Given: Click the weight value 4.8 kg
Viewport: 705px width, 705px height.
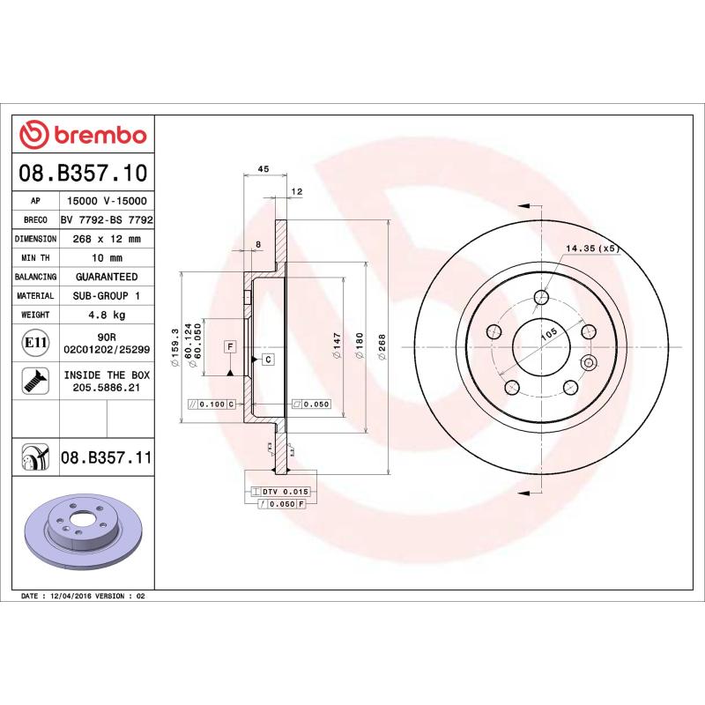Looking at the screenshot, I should [107, 315].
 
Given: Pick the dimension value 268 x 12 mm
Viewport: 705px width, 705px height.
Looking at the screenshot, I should [107, 239].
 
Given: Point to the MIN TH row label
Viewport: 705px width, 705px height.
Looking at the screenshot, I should [35, 258].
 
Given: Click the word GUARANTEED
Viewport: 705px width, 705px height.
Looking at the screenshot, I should [107, 277].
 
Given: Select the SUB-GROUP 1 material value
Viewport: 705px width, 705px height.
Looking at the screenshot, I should [107, 296].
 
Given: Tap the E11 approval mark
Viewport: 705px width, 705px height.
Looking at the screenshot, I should [35, 342].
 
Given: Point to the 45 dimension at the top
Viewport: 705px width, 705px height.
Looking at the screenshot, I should [263, 168].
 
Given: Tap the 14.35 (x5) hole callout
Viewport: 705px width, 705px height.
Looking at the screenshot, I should [593, 249].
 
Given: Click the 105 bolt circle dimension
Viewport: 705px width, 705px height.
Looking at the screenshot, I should [548, 334].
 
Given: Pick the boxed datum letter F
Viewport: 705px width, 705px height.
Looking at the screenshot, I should [229, 347].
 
